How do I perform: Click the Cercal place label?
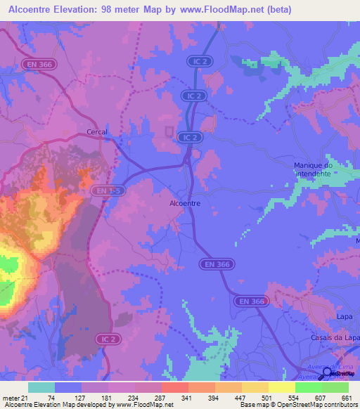96,131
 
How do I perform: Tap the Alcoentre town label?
186,203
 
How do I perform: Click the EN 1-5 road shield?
103,190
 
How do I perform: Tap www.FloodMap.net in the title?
221,10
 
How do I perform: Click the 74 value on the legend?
52,398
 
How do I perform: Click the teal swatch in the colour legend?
41,387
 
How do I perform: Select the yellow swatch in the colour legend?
281,387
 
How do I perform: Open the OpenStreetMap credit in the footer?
325,405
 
